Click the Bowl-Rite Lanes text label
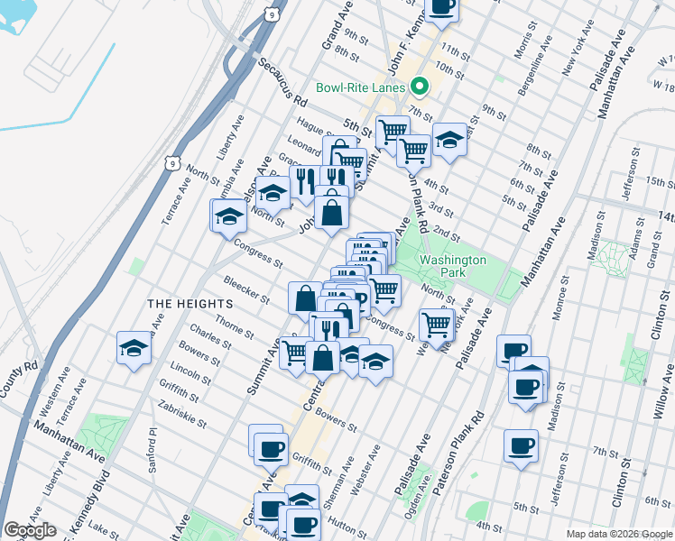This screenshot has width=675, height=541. tap(360, 88)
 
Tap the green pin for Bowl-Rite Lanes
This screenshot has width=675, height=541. tap(419, 87)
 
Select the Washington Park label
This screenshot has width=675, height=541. tap(453, 267)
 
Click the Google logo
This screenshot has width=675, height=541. tap(30, 530)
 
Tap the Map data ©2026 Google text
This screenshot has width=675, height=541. tap(619, 534)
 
